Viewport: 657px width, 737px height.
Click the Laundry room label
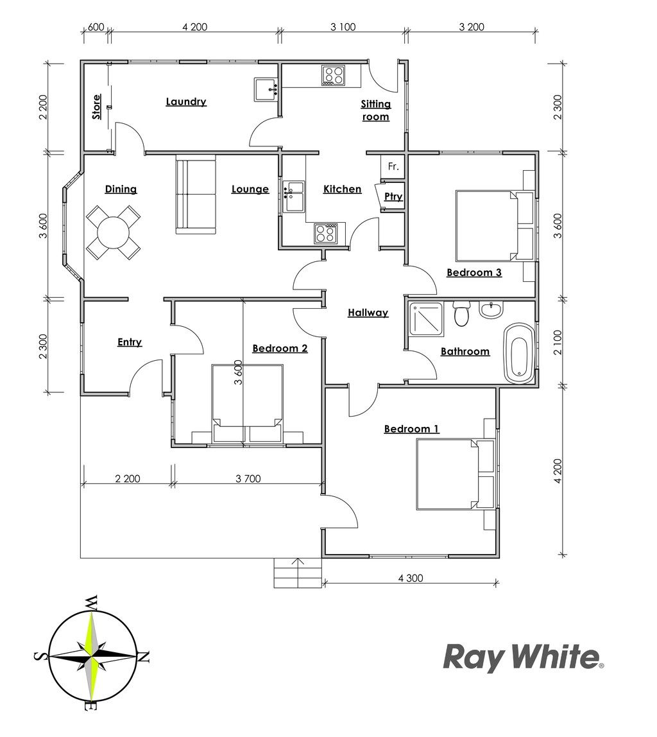coord(186,101)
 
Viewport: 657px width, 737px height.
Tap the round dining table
coord(113,232)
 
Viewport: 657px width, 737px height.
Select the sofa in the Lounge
coord(196,196)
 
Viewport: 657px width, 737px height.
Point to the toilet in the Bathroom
coord(461,314)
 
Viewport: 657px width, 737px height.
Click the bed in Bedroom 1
coord(456,474)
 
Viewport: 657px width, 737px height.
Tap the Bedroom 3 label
coord(474,272)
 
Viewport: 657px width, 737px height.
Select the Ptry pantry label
coord(393,196)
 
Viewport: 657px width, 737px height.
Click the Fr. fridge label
coord(393,166)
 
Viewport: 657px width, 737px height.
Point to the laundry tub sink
coord(267,89)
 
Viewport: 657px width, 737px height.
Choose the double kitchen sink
coord(293,196)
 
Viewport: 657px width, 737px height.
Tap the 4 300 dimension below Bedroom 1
coord(411,578)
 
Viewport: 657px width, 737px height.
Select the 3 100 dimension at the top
coord(343,27)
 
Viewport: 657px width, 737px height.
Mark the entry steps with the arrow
coord(298,573)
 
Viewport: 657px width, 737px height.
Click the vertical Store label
coord(96,107)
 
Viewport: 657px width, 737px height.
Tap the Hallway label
coord(368,313)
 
